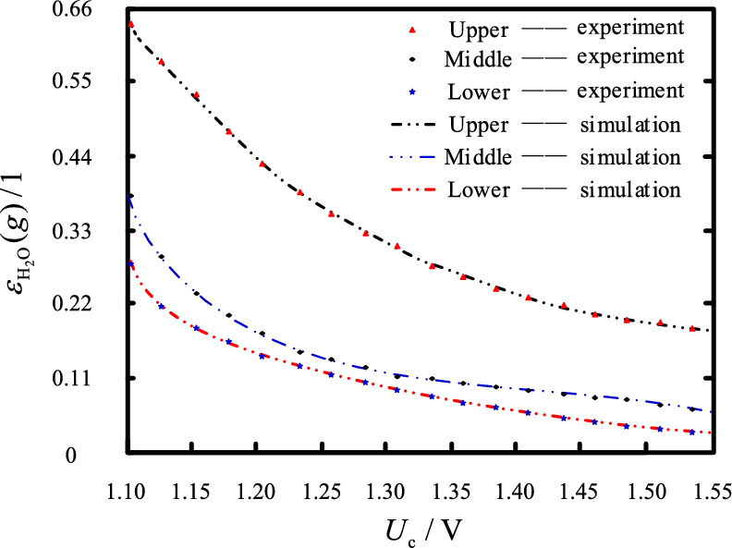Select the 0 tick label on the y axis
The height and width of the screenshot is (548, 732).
pyautogui.click(x=106, y=453)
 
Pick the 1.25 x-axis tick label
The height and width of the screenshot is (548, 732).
pyautogui.click(x=321, y=487)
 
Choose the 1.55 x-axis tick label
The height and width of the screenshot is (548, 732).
pyautogui.click(x=703, y=487)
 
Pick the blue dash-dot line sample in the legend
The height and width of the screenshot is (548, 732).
pyautogui.click(x=413, y=157)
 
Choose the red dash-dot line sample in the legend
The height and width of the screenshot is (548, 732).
pyautogui.click(x=413, y=190)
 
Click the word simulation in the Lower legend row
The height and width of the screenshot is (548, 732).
pyautogui.click(x=631, y=190)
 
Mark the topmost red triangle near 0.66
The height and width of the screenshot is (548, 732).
pyautogui.click(x=130, y=24)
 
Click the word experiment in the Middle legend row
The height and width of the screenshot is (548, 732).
pyautogui.click(x=630, y=57)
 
